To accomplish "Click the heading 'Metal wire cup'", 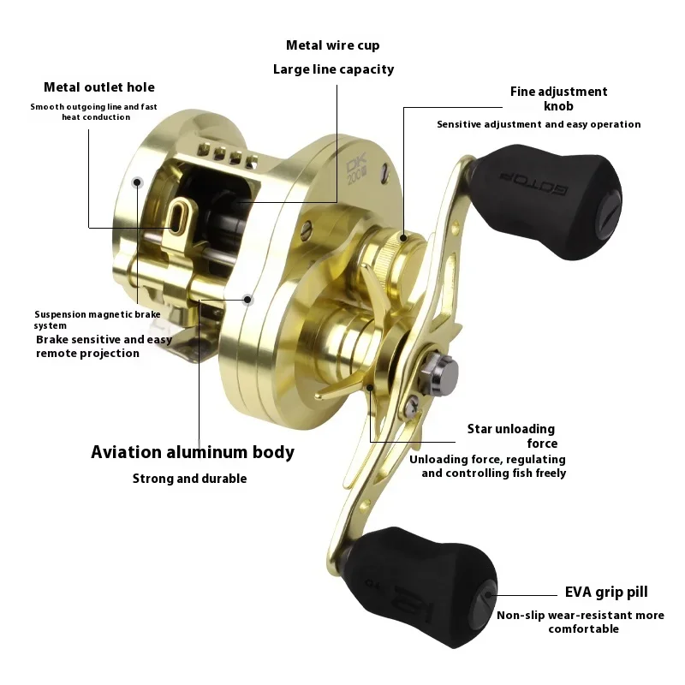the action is (333, 45).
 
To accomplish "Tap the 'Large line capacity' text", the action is (333, 69).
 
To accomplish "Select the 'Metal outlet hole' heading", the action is (99, 87).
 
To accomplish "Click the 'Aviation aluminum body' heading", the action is (193, 452).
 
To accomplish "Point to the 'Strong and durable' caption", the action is (189, 479).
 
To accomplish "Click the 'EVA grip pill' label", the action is (606, 592).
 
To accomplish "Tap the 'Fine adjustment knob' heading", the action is (559, 98).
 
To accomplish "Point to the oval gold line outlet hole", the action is (176, 216).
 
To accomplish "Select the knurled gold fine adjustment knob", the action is (392, 254).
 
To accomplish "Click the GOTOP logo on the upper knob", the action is (533, 183).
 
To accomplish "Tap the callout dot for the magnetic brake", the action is (137, 182).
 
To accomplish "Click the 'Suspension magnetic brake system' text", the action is (98, 319).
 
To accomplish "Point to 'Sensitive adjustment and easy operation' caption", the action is (539, 124).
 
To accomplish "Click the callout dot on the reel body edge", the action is (247, 300).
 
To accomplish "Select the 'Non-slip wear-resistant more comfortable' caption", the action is (581, 622).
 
